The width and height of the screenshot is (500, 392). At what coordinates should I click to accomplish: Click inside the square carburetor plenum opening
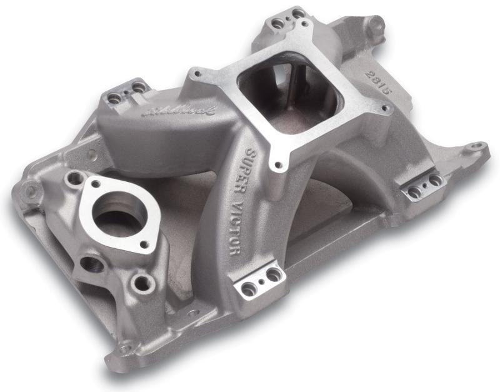(x=281, y=100)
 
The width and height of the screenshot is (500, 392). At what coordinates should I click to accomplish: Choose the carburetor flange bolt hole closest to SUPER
(x=276, y=166)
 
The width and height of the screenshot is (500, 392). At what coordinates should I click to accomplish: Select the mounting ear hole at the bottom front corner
(x=126, y=345)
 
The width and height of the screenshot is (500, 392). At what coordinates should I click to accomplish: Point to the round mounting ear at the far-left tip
(x=28, y=188)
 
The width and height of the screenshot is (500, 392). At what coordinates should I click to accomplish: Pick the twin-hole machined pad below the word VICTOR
(x=261, y=283)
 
